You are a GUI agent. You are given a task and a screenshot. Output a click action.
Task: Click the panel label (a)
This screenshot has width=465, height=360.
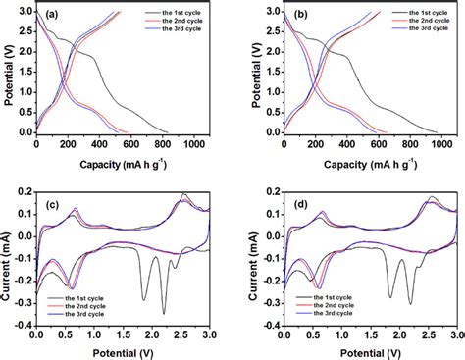click(x=49, y=19)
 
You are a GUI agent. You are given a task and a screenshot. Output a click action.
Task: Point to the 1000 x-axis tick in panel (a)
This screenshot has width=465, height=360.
click(x=194, y=144)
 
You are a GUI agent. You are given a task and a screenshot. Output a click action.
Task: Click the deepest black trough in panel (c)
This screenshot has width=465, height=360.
click(x=162, y=313)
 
